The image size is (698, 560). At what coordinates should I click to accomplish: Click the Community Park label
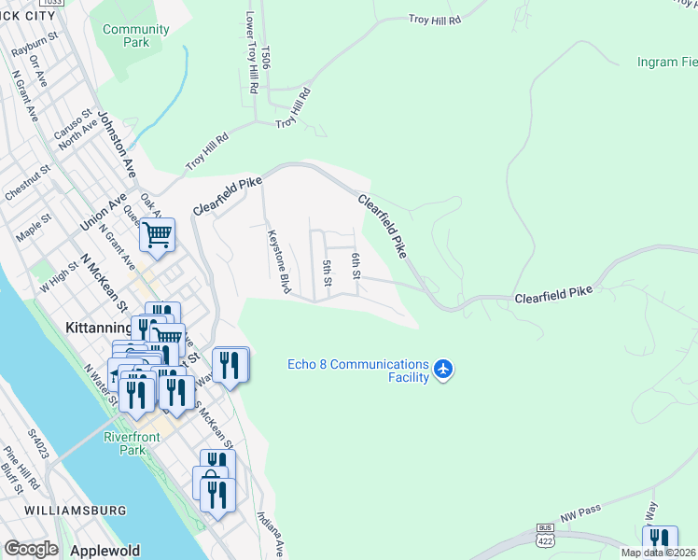point(136,35)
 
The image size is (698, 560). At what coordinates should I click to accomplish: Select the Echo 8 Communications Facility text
point(357,371)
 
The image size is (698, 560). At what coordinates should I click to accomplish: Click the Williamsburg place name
point(77,511)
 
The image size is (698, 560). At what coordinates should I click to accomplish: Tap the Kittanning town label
point(98,329)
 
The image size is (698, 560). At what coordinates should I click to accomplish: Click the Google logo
point(31,549)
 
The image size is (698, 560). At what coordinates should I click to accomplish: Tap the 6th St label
point(356,265)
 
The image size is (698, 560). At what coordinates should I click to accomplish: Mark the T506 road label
point(266,57)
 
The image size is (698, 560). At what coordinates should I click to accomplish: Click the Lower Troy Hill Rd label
point(250,51)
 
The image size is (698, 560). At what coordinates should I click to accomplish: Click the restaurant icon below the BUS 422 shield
point(660,541)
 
